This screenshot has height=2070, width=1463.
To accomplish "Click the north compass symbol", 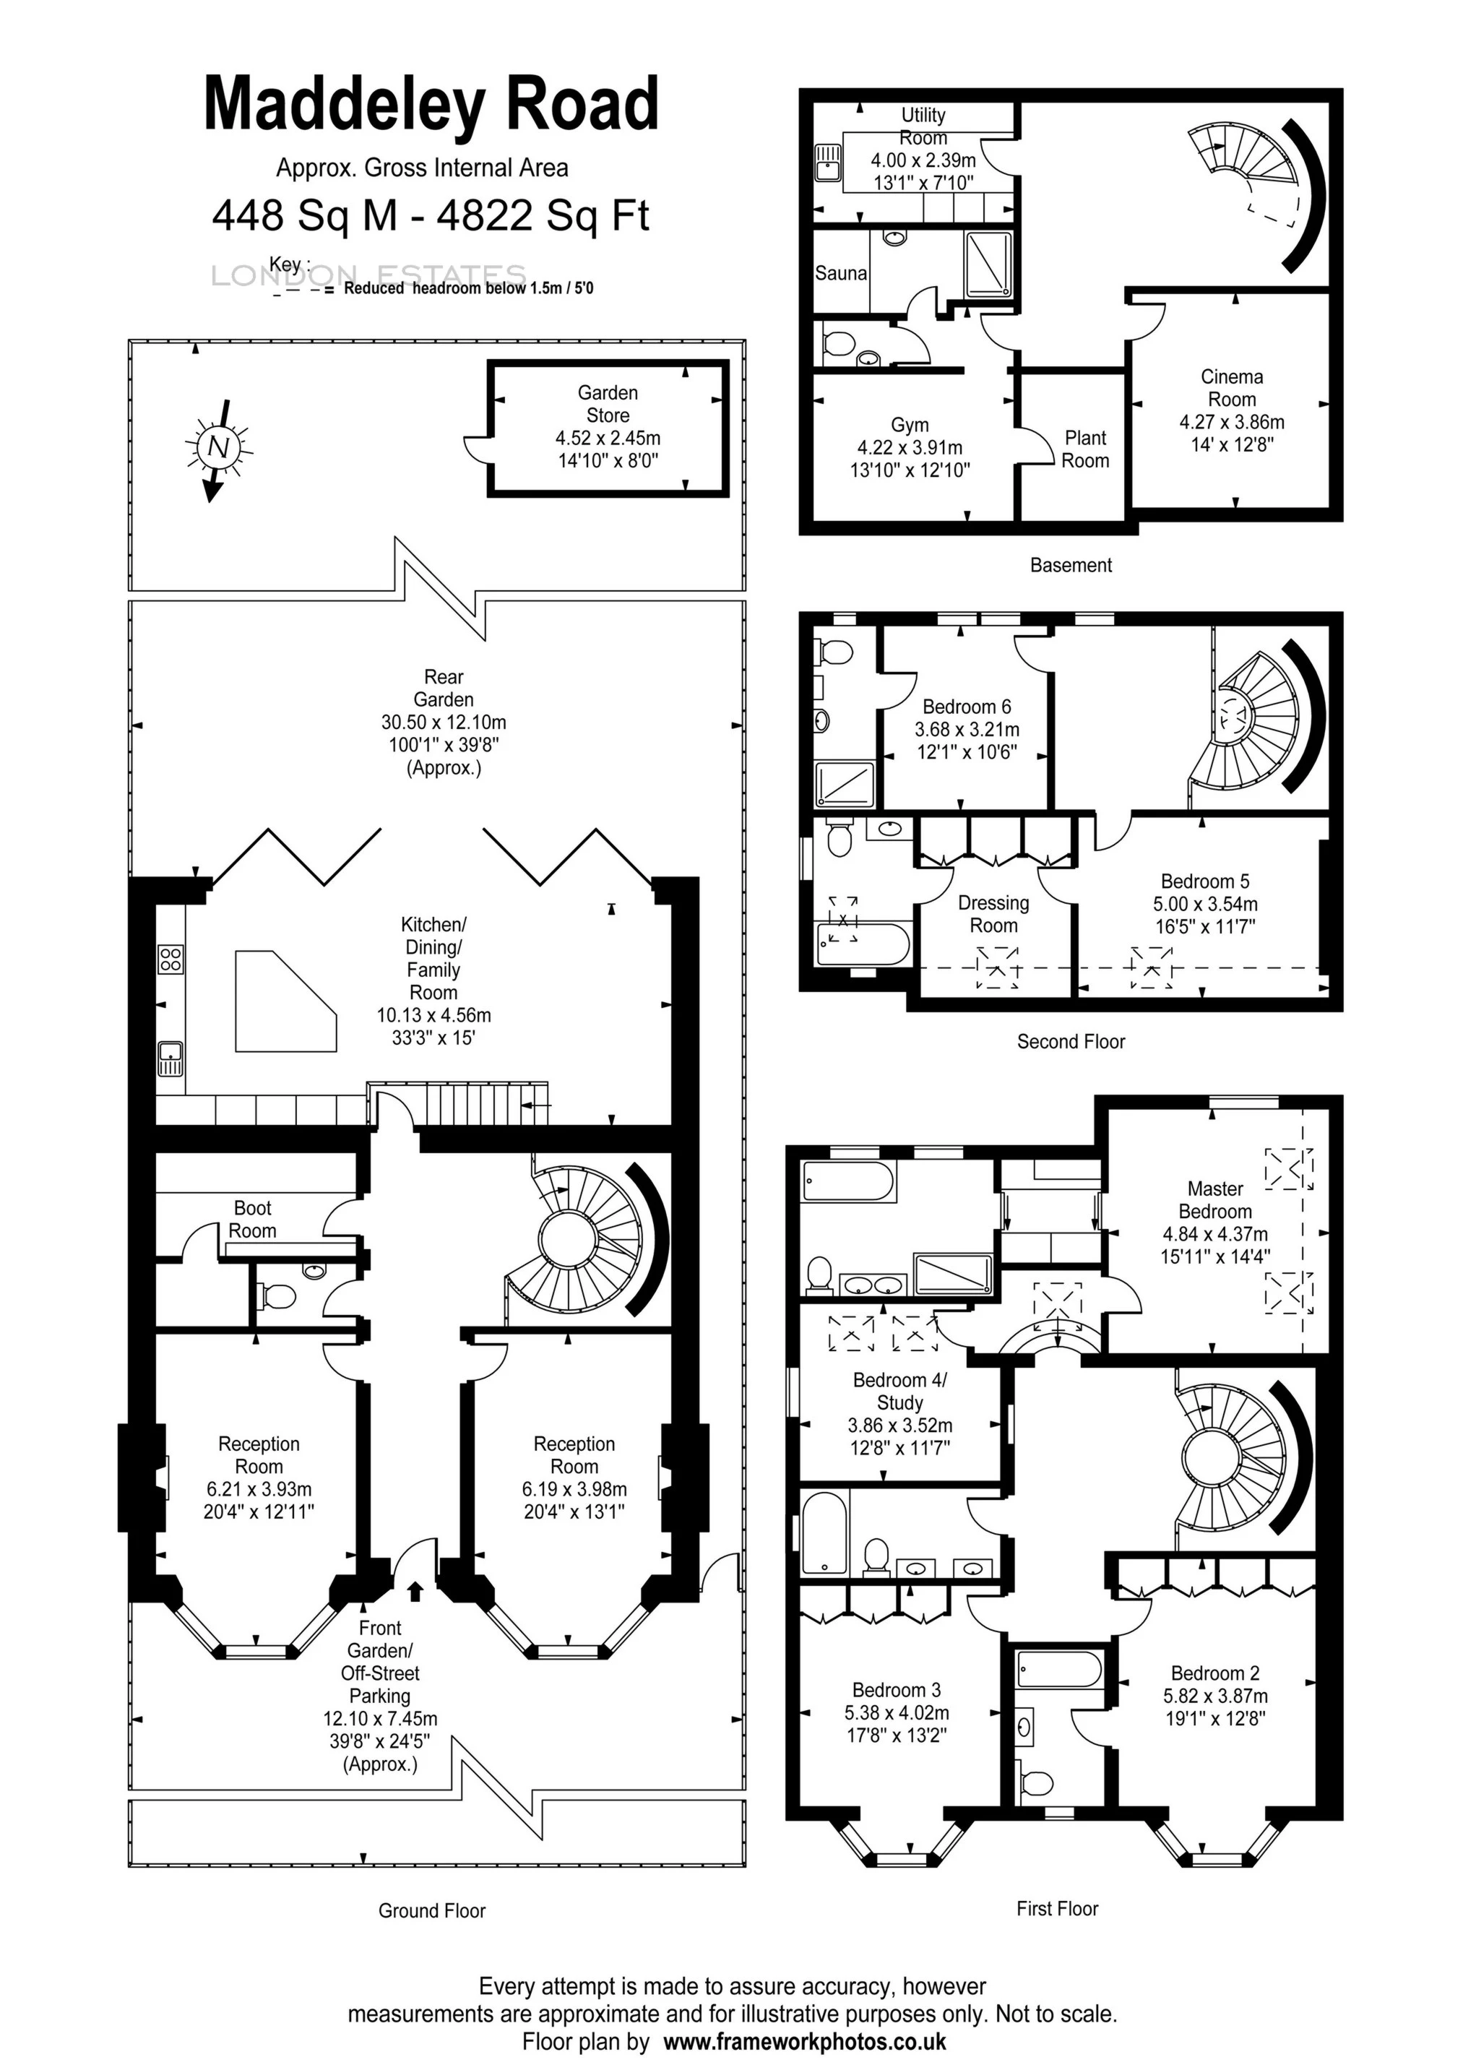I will coord(218,447).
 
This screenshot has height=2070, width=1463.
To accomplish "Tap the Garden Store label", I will coord(608,404).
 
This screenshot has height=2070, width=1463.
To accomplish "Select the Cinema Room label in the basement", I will coord(1231,388).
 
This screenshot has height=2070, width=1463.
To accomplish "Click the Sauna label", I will coord(841,273).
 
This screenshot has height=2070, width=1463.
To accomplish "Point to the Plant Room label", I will coord(1084,449).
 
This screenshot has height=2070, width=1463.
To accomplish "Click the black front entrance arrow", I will coord(415,1590).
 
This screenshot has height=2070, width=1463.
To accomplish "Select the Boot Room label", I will coord(252,1219).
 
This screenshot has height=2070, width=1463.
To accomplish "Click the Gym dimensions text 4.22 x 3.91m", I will coord(910,447).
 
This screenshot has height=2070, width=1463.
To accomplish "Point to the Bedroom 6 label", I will coord(967,707).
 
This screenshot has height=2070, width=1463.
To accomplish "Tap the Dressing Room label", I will coord(993,914).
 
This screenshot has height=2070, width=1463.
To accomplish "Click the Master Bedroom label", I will coord(1215,1200).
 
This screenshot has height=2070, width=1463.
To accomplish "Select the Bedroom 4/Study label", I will coord(899,1391).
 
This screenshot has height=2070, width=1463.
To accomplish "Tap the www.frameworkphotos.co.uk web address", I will coord(804,2041).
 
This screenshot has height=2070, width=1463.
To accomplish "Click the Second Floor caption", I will coord(1071,1041).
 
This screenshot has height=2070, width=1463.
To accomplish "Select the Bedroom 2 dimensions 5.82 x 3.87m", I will coord(1215,1696).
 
